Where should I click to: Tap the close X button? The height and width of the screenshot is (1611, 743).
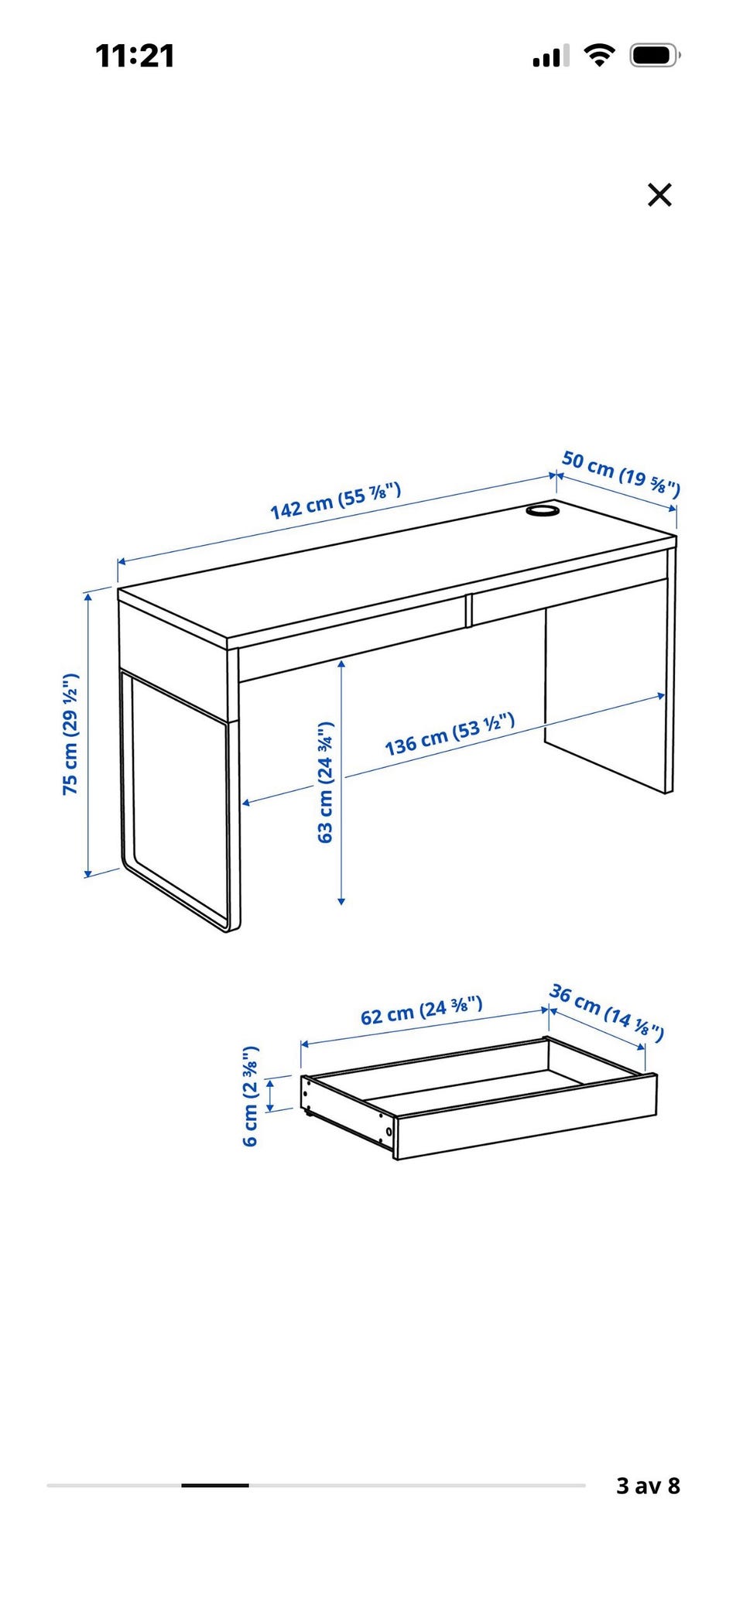click(659, 195)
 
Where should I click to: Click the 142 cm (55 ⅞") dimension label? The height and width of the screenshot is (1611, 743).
click(336, 500)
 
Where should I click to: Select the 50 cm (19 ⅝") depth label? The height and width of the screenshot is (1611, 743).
click(621, 473)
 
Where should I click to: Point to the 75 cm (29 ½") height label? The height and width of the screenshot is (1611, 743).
click(70, 734)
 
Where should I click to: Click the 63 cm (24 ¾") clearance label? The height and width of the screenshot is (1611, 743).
click(326, 782)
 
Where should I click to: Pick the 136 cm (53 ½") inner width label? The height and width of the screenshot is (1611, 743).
click(450, 735)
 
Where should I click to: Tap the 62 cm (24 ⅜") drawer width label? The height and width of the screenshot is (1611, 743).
click(422, 1010)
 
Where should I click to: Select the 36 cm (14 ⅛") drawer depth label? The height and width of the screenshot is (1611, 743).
click(607, 1013)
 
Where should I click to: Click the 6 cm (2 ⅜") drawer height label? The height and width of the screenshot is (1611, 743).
click(251, 1096)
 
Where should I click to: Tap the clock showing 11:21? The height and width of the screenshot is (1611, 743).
click(135, 56)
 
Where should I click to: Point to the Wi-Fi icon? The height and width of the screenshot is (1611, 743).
click(599, 55)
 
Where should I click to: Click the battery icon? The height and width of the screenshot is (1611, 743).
click(655, 56)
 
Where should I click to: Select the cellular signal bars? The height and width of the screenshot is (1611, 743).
click(550, 56)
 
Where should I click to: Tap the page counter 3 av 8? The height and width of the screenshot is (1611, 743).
click(648, 1486)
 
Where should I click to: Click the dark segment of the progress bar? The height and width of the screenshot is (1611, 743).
click(215, 1486)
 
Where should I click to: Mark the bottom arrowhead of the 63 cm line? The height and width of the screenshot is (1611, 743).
click(341, 900)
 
